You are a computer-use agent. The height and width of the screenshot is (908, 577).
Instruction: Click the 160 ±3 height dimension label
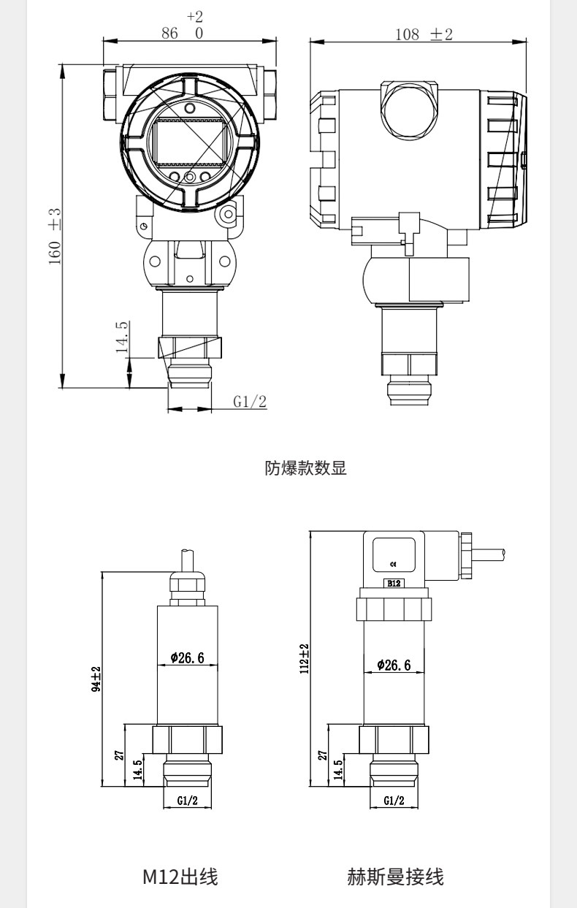pos(55,237)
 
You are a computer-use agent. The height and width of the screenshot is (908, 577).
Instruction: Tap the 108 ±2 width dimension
pos(424,34)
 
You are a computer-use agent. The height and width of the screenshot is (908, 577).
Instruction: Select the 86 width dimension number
pos(169,34)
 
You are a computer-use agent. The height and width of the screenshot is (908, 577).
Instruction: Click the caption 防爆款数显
pos(306,468)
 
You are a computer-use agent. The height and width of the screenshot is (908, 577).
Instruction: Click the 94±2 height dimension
pos(96,679)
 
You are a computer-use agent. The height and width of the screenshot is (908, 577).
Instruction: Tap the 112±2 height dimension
pos(305,659)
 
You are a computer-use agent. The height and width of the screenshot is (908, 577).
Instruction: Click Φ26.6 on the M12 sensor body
pos(187,657)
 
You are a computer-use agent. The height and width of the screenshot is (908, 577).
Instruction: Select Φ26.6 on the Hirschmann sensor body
pos(394,665)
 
